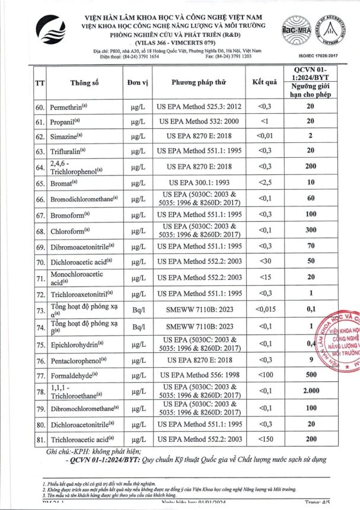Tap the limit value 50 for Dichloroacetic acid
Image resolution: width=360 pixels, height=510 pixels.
click(310, 262)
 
